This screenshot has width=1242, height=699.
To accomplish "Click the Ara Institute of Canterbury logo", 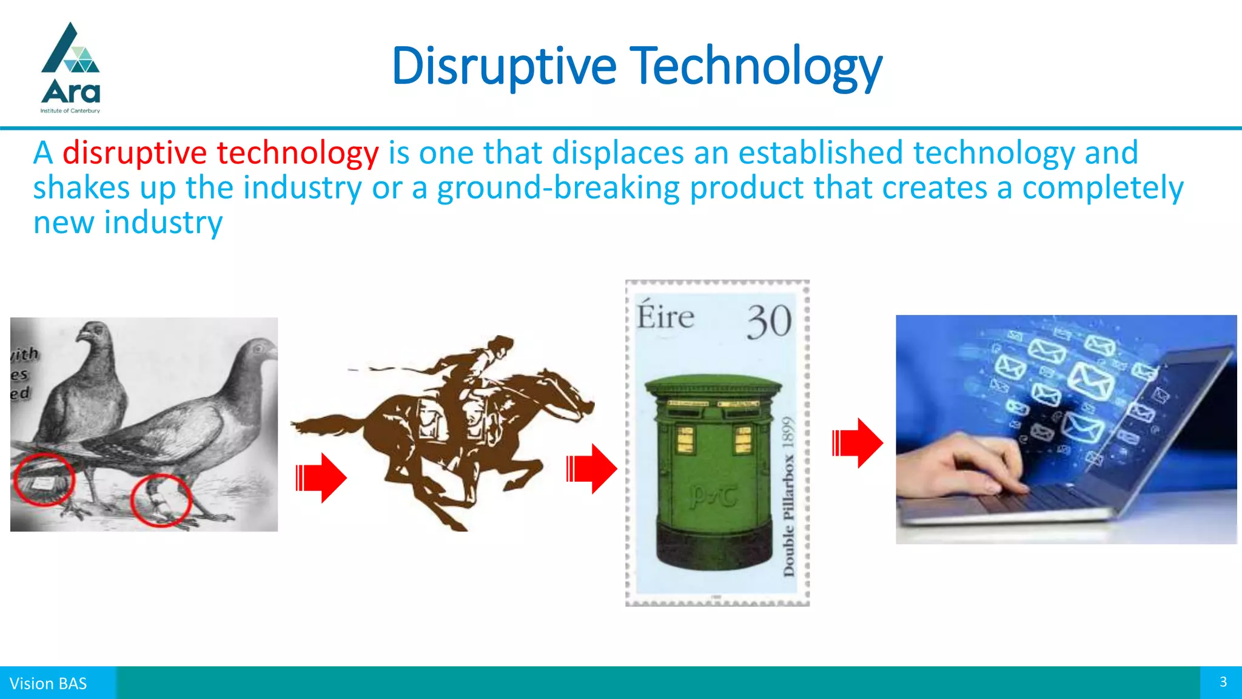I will click(x=70, y=68).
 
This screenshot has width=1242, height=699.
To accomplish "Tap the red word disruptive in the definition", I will click(x=134, y=152).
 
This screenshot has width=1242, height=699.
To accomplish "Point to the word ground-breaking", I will click(x=558, y=187).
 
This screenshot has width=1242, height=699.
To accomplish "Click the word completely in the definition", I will click(x=1102, y=187).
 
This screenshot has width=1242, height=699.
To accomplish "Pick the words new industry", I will click(x=128, y=222).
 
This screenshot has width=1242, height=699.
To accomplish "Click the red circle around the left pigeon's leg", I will click(x=44, y=479).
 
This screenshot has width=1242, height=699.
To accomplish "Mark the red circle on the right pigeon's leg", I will click(x=161, y=500).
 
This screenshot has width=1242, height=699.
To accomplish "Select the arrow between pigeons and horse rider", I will click(x=321, y=478).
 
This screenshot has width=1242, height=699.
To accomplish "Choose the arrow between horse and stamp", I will click(x=591, y=468).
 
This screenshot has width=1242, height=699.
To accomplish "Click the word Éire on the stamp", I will click(x=665, y=317).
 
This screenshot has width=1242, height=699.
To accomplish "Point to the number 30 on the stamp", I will click(x=768, y=322).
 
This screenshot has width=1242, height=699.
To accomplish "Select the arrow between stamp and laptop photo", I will click(x=857, y=443).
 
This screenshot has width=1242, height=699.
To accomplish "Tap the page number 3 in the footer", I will click(x=1223, y=682).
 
